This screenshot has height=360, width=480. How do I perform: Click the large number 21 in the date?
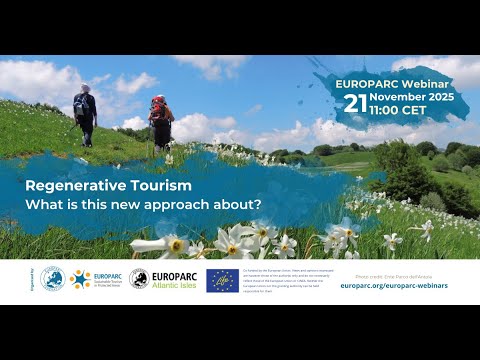355,103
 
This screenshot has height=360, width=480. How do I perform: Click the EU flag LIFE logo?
222,279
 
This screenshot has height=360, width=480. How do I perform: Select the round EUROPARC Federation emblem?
53,279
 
